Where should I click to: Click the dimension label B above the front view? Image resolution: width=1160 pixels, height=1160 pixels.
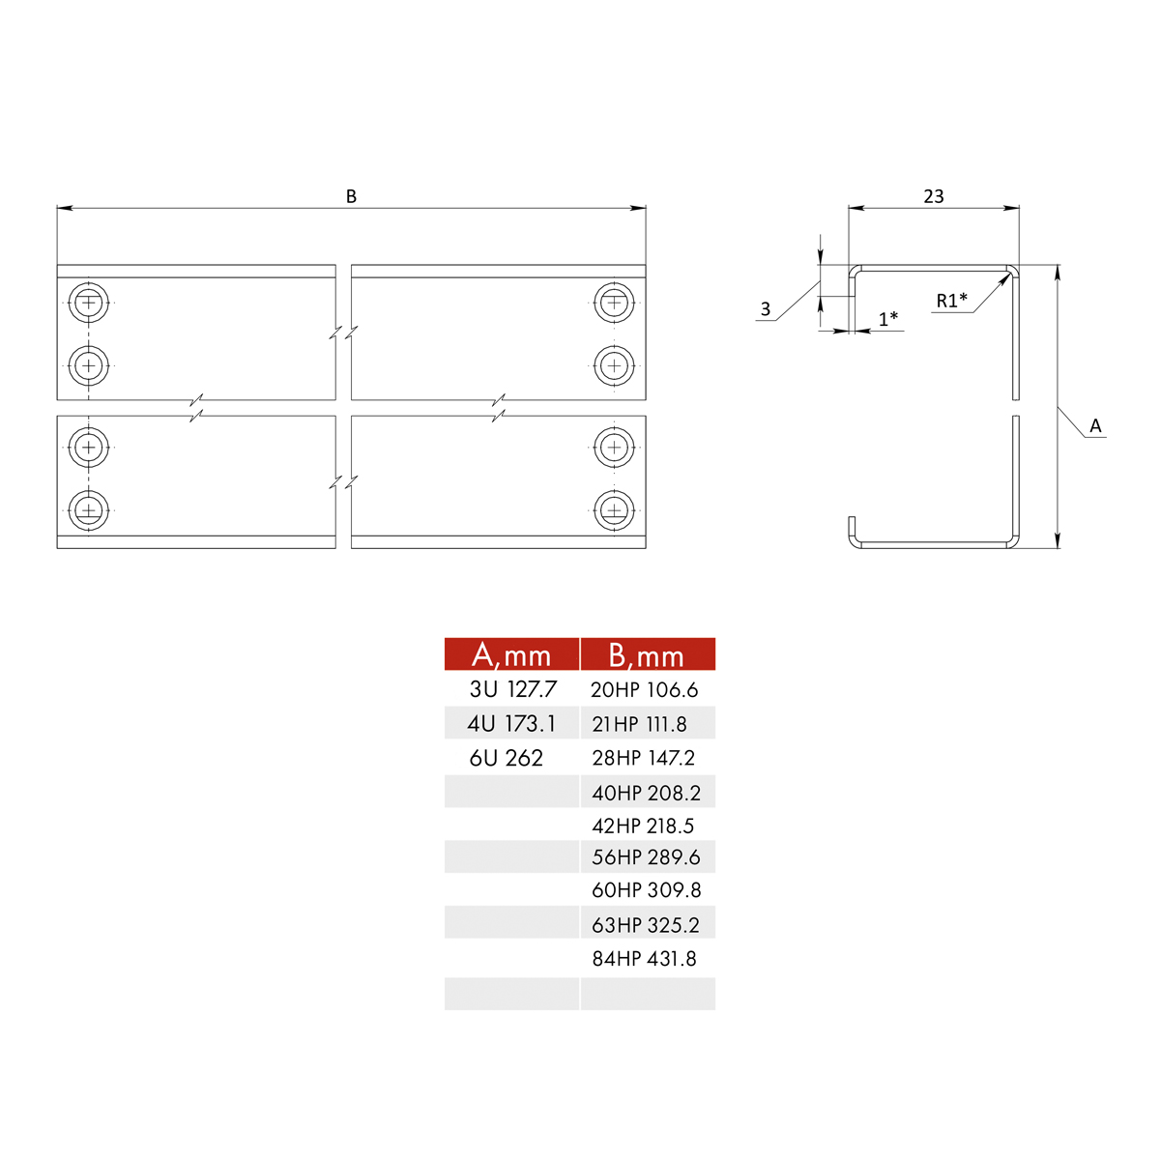click(351, 196)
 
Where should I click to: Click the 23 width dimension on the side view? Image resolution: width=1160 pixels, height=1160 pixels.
click(933, 196)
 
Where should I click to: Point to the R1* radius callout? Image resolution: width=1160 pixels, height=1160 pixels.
click(951, 301)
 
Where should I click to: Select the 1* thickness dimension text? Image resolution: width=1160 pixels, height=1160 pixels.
click(887, 318)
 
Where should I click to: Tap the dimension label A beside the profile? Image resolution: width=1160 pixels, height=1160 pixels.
click(1095, 426)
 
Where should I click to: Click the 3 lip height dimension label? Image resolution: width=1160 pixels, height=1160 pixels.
click(766, 309)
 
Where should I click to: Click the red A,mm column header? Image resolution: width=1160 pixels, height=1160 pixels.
click(511, 654)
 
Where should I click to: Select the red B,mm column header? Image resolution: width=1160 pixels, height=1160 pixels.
click(647, 654)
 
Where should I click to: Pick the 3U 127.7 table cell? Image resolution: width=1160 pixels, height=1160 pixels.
click(512, 689)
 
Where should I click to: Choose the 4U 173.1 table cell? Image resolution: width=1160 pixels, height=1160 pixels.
click(511, 723)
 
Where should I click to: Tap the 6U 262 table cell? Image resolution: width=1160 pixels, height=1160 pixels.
click(507, 758)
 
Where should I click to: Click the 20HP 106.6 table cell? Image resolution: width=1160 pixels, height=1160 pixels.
click(644, 690)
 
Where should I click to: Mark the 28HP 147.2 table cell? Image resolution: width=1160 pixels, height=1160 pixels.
click(643, 758)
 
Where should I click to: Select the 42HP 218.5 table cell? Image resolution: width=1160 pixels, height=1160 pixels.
click(643, 826)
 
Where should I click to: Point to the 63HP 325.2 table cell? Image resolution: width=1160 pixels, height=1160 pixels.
click(646, 925)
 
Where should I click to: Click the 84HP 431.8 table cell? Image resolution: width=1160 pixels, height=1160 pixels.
click(644, 959)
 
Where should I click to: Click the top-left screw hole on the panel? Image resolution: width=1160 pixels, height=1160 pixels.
click(89, 303)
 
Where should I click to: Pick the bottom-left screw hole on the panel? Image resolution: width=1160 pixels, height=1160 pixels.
click(89, 509)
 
